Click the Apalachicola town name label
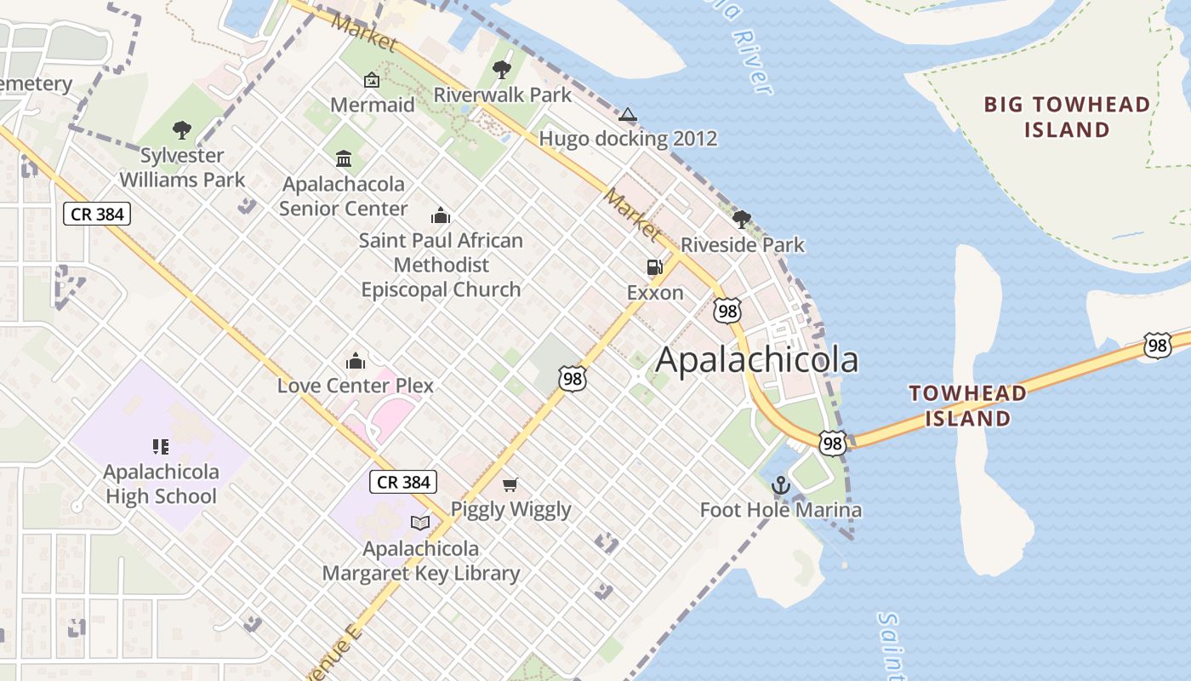click(x=756, y=360)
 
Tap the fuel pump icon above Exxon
click(x=654, y=267)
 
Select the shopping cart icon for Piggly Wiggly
click(x=510, y=484)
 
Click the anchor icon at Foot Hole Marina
click(x=780, y=485)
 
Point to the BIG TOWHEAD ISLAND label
click(x=1067, y=117)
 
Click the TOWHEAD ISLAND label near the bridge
click(x=967, y=406)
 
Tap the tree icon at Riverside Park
click(x=741, y=220)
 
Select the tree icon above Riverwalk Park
click(x=502, y=70)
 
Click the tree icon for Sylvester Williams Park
click(x=181, y=130)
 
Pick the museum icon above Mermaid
click(x=372, y=80)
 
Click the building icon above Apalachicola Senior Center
click(x=344, y=158)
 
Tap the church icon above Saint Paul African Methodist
click(x=440, y=215)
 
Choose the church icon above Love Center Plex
click(x=356, y=361)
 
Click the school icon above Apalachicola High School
click(x=161, y=446)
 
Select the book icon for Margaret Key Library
click(x=420, y=523)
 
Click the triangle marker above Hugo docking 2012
click(x=627, y=114)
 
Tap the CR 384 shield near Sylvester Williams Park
click(x=97, y=214)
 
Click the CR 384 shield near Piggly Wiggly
click(x=403, y=482)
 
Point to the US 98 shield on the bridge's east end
click(x=1156, y=345)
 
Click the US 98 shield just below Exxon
click(x=727, y=311)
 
